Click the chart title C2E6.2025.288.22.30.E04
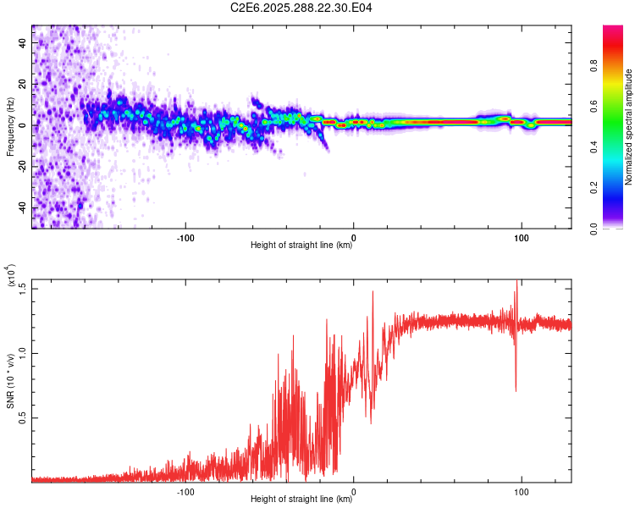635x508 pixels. pos(302,8)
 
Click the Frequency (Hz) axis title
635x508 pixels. pos(11,127)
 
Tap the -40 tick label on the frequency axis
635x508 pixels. pos(23,208)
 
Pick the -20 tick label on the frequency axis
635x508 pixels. pos(23,167)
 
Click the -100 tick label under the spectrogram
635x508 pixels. pos(185,236)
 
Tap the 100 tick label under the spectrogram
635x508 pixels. pos(522,236)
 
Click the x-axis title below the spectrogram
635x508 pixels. pos(301,246)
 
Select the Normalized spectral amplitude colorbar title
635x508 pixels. pos(629,127)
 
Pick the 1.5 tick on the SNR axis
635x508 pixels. pos(23,287)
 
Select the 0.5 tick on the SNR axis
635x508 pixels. pos(23,417)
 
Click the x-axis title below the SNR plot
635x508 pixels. pos(301,499)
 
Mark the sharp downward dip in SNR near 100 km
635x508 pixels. pos(516,389)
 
